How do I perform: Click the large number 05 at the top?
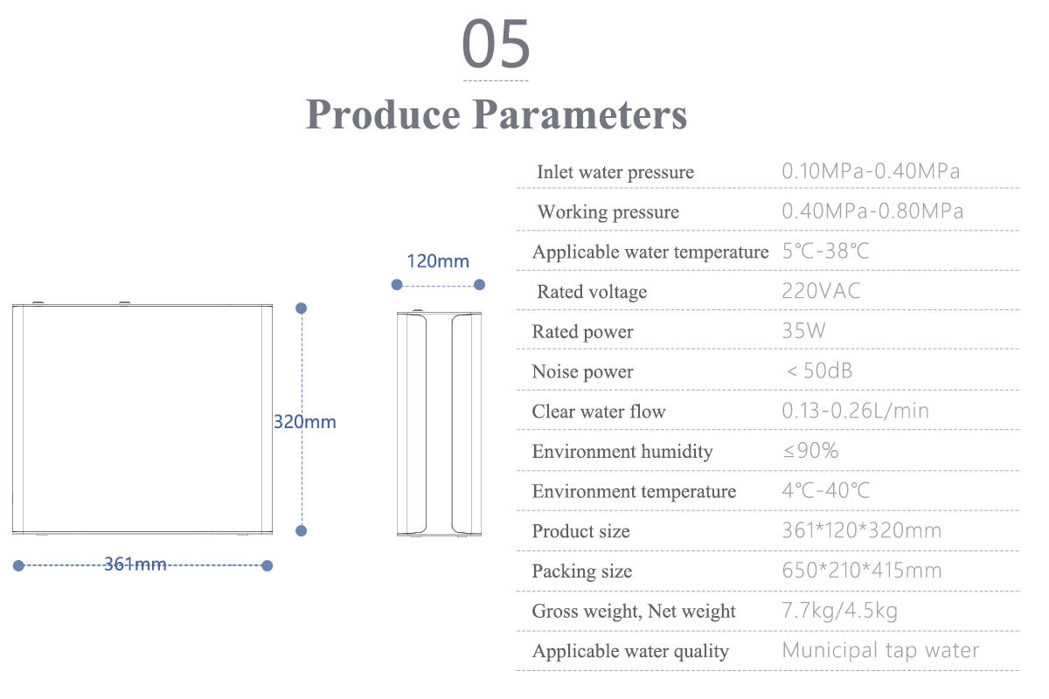[496, 44]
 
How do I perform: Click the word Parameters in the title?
[580, 114]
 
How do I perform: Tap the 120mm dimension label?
[438, 261]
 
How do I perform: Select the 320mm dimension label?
[305, 422]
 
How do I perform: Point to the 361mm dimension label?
[135, 564]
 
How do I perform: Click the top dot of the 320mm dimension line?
[301, 308]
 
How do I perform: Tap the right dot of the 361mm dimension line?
[267, 565]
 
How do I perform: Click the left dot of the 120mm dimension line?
[397, 285]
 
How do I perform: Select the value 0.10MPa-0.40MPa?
[871, 171]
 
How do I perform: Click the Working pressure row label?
[608, 212]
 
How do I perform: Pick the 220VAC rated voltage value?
[821, 291]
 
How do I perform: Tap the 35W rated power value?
[803, 330]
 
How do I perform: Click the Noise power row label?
[582, 371]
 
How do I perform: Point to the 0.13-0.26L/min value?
[855, 411]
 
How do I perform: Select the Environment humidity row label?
[622, 452]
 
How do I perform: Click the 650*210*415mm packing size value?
[862, 571]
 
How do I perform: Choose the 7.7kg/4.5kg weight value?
[840, 611]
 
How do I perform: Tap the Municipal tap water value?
[880, 650]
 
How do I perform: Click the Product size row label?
[580, 531]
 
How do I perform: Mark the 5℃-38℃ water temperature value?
[825, 251]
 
